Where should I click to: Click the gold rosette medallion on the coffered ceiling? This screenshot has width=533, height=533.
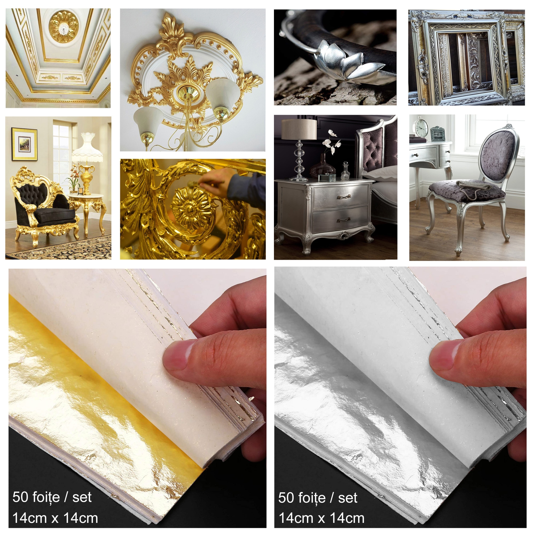(63, 27)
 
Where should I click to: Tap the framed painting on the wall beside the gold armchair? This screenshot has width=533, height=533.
(24, 144)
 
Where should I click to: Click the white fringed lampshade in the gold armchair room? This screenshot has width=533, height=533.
(87, 147)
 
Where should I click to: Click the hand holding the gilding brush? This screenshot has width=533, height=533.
(218, 182)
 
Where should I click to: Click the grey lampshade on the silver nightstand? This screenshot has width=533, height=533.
(299, 129)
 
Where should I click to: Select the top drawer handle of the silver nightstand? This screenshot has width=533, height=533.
(344, 197)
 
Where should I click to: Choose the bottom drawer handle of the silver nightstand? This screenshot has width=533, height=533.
(344, 220)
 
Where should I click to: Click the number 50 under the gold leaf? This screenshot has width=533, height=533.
(20, 497)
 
